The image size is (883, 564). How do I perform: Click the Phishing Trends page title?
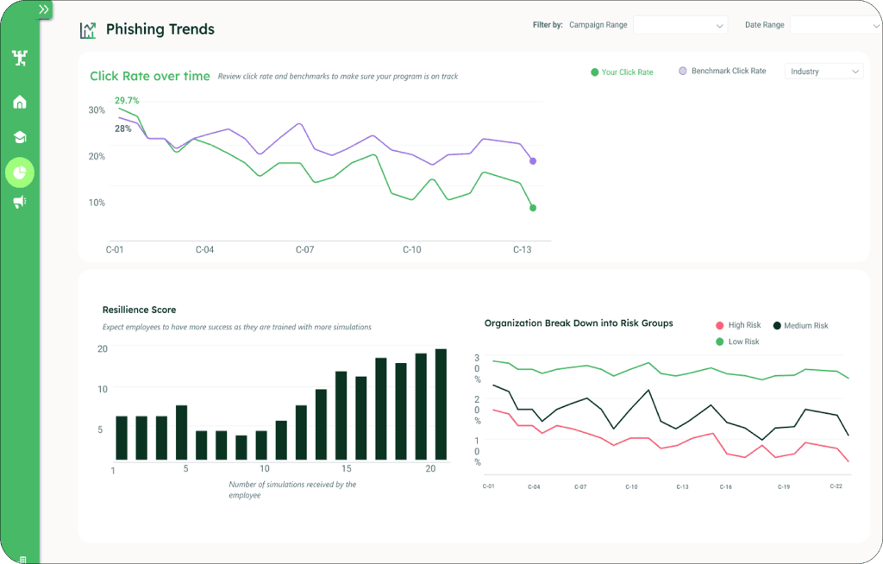[x=160, y=29]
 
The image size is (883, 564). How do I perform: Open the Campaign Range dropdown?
[x=680, y=25]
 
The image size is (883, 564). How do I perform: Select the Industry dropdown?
[x=824, y=72]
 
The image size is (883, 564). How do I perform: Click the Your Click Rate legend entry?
[x=622, y=72]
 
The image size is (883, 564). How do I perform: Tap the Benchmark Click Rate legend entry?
[x=723, y=71]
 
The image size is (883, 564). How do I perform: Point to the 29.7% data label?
[x=127, y=100]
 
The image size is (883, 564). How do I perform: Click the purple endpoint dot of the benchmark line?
[x=533, y=161]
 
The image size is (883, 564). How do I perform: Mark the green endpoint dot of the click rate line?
[x=533, y=208]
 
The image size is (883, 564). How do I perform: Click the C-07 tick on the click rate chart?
[x=304, y=249]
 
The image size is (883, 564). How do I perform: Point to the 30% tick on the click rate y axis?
[x=97, y=110]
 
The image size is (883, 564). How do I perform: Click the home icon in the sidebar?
[x=20, y=102]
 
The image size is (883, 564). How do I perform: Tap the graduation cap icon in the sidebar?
[x=20, y=137]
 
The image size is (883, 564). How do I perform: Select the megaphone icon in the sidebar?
[x=20, y=202]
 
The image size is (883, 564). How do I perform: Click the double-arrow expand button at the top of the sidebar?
[x=44, y=9]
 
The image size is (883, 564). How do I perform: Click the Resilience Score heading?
[x=139, y=310]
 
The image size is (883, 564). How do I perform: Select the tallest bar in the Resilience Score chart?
[x=441, y=404]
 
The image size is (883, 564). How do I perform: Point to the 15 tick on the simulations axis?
[x=347, y=469]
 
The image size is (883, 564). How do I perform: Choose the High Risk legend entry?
[x=738, y=325]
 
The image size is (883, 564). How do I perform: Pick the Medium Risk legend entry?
[x=800, y=326]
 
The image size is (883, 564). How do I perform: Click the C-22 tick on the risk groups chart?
[x=836, y=486]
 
